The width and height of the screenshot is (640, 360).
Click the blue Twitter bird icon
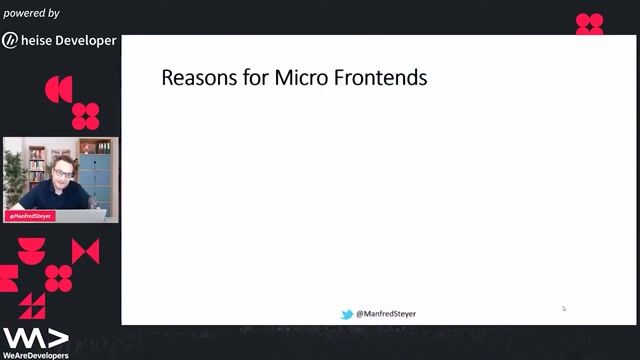click(348, 314)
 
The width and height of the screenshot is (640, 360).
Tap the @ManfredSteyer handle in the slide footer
click(386, 314)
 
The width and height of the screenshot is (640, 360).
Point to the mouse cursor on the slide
click(564, 308)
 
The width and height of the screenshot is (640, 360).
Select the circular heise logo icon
click(10, 41)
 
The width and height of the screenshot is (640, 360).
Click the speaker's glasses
click(63, 172)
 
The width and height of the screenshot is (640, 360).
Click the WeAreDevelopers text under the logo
click(35, 355)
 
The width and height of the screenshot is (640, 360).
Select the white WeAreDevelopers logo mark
click(34, 337)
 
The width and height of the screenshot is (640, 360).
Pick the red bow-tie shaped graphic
click(86, 252)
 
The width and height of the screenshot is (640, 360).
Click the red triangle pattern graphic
click(33, 304)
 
